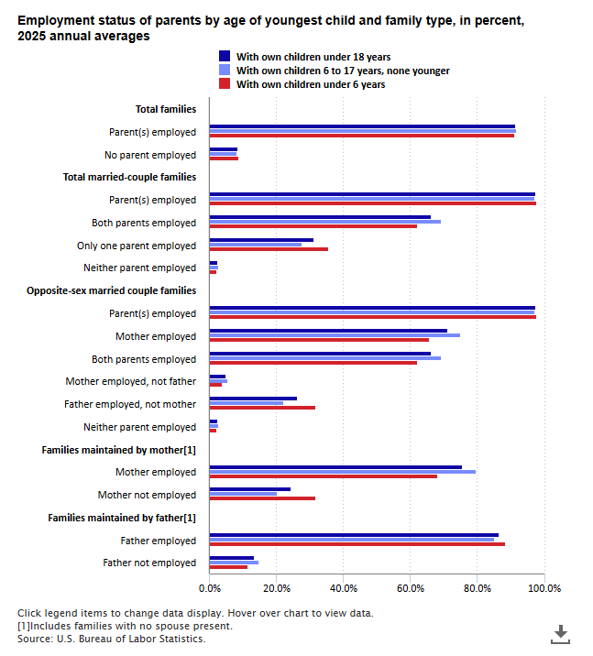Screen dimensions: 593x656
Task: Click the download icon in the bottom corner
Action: pyautogui.click(x=560, y=634)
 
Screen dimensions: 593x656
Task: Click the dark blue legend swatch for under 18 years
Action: pyautogui.click(x=225, y=56)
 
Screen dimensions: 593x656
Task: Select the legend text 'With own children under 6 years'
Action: pyautogui.click(x=311, y=84)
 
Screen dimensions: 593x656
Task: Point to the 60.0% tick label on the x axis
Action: pyautogui.click(x=410, y=588)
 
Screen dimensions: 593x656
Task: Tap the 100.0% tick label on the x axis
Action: pyautogui.click(x=544, y=588)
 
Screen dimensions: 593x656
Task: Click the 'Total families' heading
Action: pyautogui.click(x=166, y=109)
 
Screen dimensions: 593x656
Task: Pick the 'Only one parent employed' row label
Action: pyautogui.click(x=137, y=246)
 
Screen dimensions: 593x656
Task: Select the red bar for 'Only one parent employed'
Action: pyautogui.click(x=269, y=249)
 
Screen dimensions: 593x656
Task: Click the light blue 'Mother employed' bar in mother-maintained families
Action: pyautogui.click(x=342, y=472)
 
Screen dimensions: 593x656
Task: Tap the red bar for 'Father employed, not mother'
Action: pyautogui.click(x=262, y=408)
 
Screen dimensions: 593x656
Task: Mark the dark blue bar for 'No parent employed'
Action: pyautogui.click(x=224, y=149)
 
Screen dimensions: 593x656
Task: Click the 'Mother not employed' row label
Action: pyautogui.click(x=147, y=495)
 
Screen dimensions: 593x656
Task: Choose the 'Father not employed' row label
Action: pyautogui.click(x=149, y=563)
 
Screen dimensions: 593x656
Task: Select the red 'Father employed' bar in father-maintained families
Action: pyautogui.click(x=357, y=544)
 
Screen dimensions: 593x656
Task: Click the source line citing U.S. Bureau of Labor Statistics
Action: pyautogui.click(x=111, y=639)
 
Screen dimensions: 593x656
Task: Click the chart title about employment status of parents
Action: pyautogui.click(x=270, y=28)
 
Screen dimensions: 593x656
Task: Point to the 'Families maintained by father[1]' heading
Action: pyautogui.click(x=122, y=518)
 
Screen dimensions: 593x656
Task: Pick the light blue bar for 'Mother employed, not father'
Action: pyautogui.click(x=218, y=381)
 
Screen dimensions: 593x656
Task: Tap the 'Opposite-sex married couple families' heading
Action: pyautogui.click(x=111, y=290)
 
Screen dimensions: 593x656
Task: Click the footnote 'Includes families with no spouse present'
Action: pyautogui.click(x=126, y=626)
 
